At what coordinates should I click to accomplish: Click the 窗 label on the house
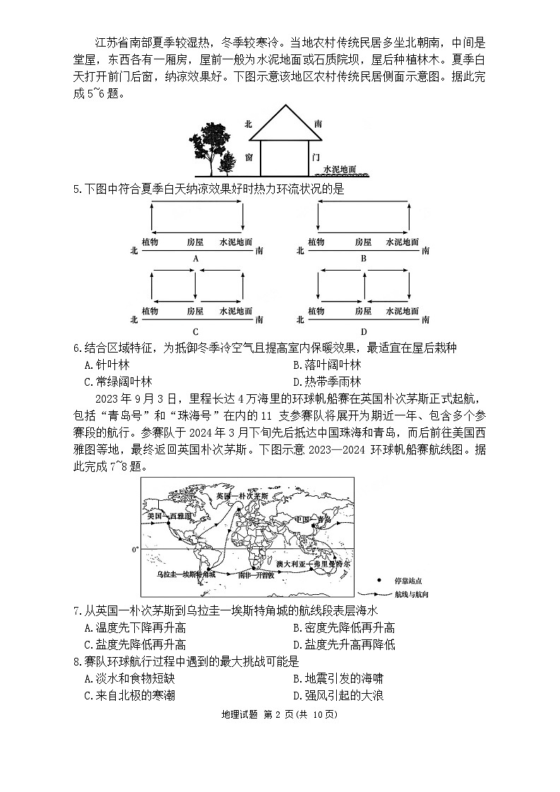pyautogui.click(x=249, y=158)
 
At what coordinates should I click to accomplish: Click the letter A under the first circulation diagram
pyautogui.click(x=196, y=259)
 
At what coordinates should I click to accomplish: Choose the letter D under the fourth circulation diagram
pyautogui.click(x=364, y=331)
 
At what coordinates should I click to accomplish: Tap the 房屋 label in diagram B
pyautogui.click(x=363, y=242)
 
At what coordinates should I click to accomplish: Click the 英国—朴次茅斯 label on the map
pyautogui.click(x=242, y=496)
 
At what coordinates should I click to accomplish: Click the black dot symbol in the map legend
pyautogui.click(x=380, y=581)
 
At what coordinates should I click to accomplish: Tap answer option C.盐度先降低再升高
pyautogui.click(x=135, y=644)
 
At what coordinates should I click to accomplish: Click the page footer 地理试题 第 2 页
pyautogui.click(x=280, y=714)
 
